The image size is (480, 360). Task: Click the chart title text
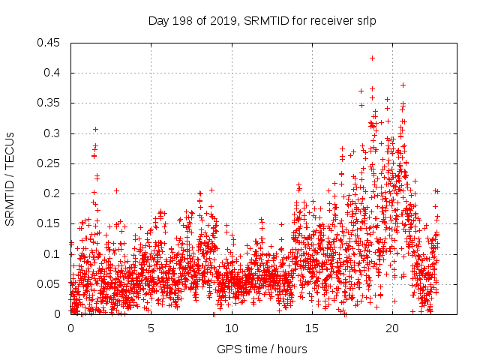pyautogui.click(x=262, y=21)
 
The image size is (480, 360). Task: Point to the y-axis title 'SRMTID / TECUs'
pyautogui.click(x=10, y=179)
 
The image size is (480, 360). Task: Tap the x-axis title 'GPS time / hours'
pyautogui.click(x=262, y=349)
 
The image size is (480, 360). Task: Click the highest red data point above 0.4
pyautogui.click(x=372, y=58)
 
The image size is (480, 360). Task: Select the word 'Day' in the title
pyautogui.click(x=158, y=21)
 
